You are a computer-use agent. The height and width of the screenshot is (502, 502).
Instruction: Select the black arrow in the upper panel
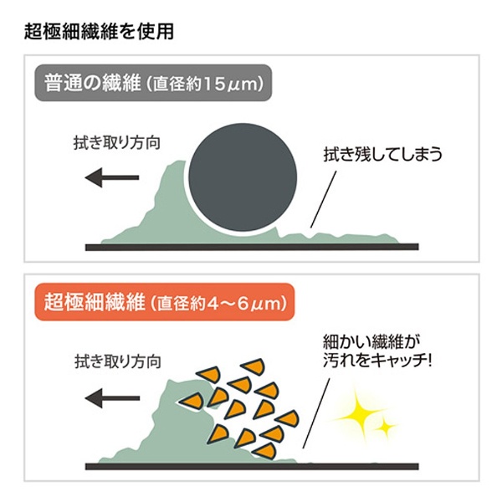click(114, 177)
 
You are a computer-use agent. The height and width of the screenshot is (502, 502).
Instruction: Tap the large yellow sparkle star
click(360, 412)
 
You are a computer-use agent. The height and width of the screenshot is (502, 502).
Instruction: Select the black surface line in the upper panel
click(251, 247)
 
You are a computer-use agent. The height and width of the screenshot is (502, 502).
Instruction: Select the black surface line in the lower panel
click(251, 466)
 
